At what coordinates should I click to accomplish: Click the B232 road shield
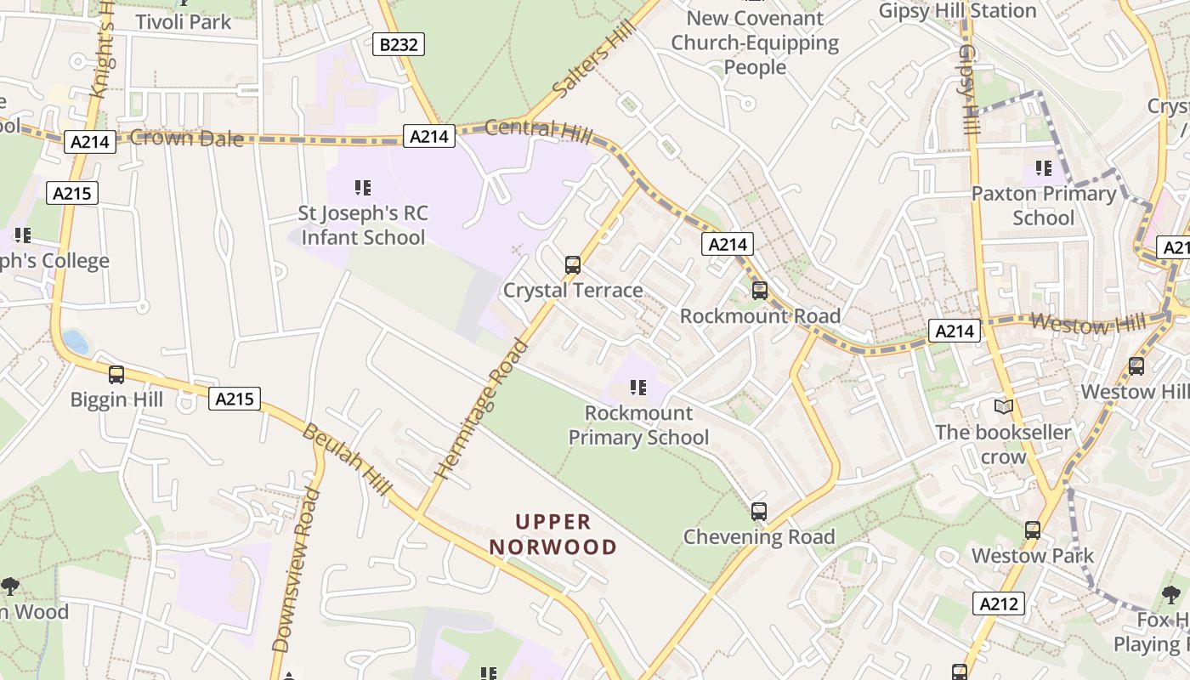398,44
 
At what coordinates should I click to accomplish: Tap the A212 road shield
998,603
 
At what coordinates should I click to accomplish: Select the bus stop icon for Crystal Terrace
573,264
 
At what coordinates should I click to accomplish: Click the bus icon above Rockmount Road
759,290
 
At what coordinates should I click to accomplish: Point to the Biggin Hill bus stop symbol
116,374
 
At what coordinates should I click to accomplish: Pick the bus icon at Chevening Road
758,512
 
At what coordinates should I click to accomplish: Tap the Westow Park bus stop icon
1032,530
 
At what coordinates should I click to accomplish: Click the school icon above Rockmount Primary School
637,388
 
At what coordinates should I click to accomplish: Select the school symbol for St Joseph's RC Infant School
363,187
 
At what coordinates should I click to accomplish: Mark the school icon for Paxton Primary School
1043,168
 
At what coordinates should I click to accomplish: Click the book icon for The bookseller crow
1004,407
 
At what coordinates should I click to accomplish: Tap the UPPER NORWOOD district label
553,534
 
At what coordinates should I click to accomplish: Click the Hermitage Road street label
481,409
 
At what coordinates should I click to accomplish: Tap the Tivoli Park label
184,22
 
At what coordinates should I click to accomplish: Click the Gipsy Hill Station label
957,11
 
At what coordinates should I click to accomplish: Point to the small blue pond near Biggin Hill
75,343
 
